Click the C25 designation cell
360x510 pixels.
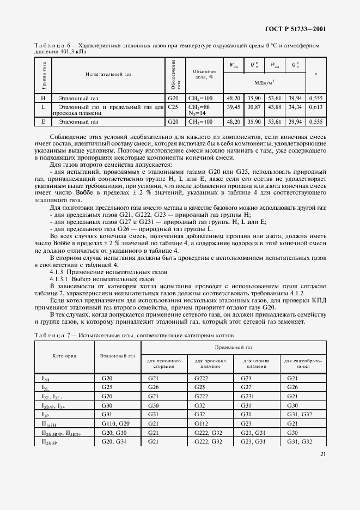pos(173,107)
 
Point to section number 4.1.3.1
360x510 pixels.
pos(61,278)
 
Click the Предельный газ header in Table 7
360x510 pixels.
pos(233,346)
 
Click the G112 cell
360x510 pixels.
pos(210,423)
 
